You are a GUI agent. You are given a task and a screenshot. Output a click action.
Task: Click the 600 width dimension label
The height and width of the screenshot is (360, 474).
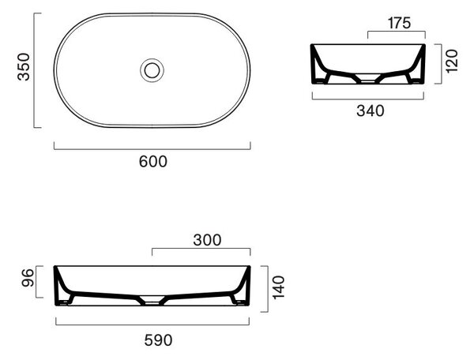tap(153, 162)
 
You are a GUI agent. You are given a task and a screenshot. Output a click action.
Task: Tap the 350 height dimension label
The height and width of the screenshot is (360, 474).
tap(24, 67)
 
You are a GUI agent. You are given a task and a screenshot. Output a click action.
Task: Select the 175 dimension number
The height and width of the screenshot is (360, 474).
tap(399, 23)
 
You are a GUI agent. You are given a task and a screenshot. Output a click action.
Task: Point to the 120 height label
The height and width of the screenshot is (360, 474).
tap(452, 62)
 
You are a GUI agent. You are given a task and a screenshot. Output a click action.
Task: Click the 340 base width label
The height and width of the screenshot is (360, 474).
tap(371, 111)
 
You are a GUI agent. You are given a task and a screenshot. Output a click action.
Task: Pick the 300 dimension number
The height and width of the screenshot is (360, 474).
tap(207, 240)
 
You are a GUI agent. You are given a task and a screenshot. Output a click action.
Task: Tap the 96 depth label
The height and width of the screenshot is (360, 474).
tap(28, 278)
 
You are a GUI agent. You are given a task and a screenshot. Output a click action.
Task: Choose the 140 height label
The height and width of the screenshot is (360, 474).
tap(279, 287)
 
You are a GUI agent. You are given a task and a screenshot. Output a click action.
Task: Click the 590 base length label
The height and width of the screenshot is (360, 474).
tap(159, 340)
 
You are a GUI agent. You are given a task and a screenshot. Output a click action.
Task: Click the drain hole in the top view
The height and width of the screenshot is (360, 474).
tap(152, 70)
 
